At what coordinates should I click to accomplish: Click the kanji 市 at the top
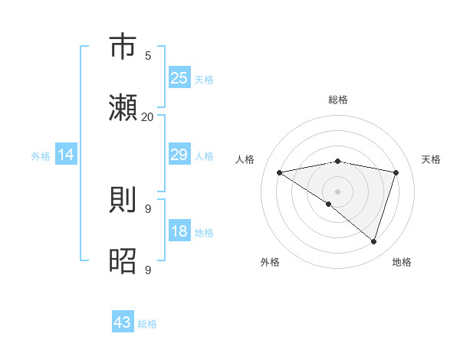[124, 47]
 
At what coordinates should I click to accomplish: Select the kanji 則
[124, 200]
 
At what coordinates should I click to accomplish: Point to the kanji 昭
[124, 260]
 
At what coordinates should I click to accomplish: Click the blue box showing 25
[179, 78]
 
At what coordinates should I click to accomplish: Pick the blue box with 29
[179, 155]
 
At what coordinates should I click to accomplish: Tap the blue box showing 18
[179, 232]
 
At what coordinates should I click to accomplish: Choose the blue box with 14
[66, 155]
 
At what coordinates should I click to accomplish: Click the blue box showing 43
[122, 322]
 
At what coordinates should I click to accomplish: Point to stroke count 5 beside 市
[148, 56]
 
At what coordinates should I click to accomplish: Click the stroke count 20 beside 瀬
[148, 116]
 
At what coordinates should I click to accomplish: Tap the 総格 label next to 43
[147, 324]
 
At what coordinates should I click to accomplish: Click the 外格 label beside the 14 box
[41, 156]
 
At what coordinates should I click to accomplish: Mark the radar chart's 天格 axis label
[431, 159]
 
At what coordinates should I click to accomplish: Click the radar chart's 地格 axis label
[402, 262]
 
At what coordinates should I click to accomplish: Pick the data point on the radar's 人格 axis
[279, 172]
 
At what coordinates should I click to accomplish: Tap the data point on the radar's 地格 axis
[373, 241]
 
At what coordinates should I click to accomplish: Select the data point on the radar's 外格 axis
[329, 204]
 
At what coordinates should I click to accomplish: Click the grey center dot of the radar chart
[337, 191]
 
